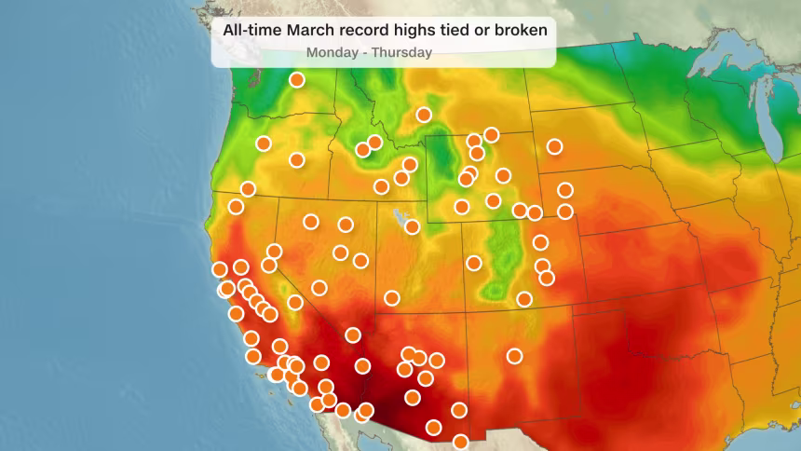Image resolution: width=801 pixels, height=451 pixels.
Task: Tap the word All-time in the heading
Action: pos(249,30)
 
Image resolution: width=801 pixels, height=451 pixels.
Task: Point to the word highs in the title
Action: pos(409,30)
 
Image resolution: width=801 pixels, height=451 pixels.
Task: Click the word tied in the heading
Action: pos(453,30)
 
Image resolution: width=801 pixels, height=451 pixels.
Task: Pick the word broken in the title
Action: pos(519,30)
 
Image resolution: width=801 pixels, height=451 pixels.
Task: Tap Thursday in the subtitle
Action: pos(401,52)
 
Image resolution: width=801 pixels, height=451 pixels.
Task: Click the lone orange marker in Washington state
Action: pos(297,80)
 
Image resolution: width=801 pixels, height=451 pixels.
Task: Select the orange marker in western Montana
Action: pos(424,115)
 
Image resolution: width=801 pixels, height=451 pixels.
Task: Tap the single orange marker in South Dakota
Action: pos(555,146)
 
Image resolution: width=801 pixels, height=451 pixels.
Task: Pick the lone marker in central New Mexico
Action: pos(514,356)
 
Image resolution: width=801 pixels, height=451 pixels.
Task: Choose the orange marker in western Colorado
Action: pos(474,263)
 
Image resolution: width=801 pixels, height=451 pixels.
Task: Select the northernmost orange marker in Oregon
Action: pos(264,143)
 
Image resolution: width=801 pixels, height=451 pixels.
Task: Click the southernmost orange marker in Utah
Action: pos(392,298)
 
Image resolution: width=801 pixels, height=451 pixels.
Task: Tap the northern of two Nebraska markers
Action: pos(565,190)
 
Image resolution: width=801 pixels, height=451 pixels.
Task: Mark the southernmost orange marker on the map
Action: pos(461,442)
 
